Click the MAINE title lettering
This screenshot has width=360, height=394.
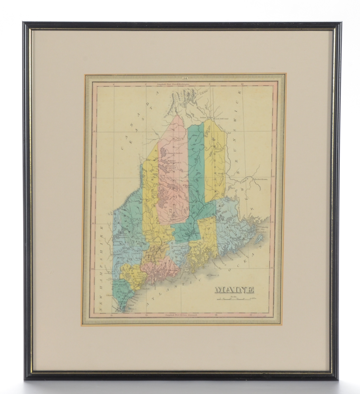coord(234,290)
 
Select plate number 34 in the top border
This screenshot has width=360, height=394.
coord(184,78)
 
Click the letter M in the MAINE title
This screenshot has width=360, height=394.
coord(219,290)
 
